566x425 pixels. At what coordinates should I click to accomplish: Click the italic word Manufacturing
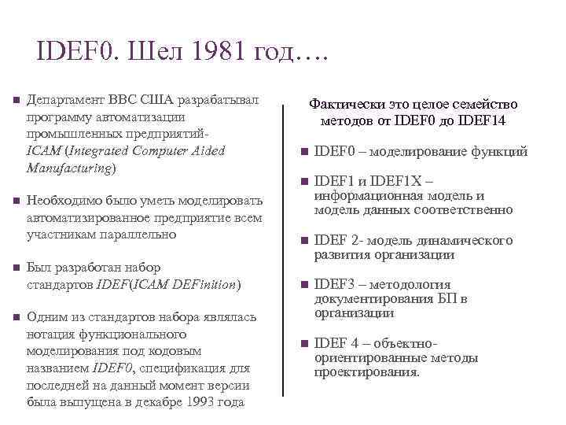pos(70,168)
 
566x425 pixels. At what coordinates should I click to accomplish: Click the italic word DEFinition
pos(207,283)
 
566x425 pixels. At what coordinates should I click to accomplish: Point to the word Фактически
pos(341,105)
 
